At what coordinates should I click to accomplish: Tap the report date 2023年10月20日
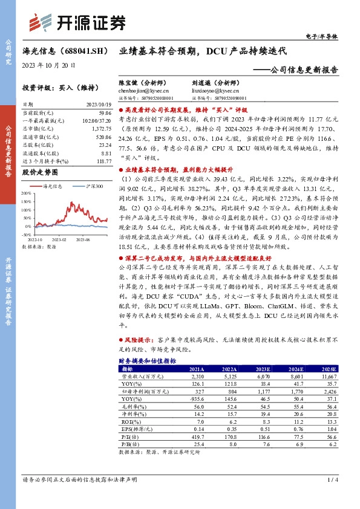click(48, 65)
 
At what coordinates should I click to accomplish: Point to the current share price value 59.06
click(105, 112)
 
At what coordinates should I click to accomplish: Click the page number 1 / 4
click(331, 479)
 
